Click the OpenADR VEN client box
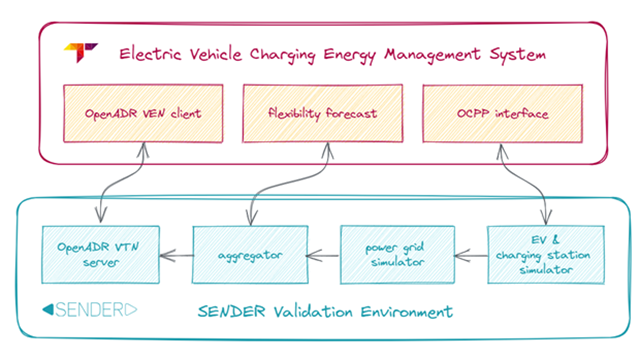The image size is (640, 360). (x=143, y=114)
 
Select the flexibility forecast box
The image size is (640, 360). (x=323, y=114)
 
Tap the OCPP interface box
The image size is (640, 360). (x=502, y=114)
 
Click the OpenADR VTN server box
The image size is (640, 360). (x=101, y=255)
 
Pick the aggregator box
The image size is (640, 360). (x=250, y=255)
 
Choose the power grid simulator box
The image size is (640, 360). (x=397, y=255)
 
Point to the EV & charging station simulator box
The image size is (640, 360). (x=546, y=255)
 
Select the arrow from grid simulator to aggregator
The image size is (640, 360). (x=323, y=256)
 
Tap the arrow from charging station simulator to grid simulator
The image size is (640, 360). (x=471, y=256)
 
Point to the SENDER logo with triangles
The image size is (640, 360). (x=90, y=310)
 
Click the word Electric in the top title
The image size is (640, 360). (x=150, y=54)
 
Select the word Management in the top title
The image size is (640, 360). (x=432, y=55)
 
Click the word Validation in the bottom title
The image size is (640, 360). (x=313, y=312)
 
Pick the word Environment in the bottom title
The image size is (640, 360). (x=407, y=312)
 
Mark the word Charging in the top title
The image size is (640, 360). (x=282, y=55)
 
